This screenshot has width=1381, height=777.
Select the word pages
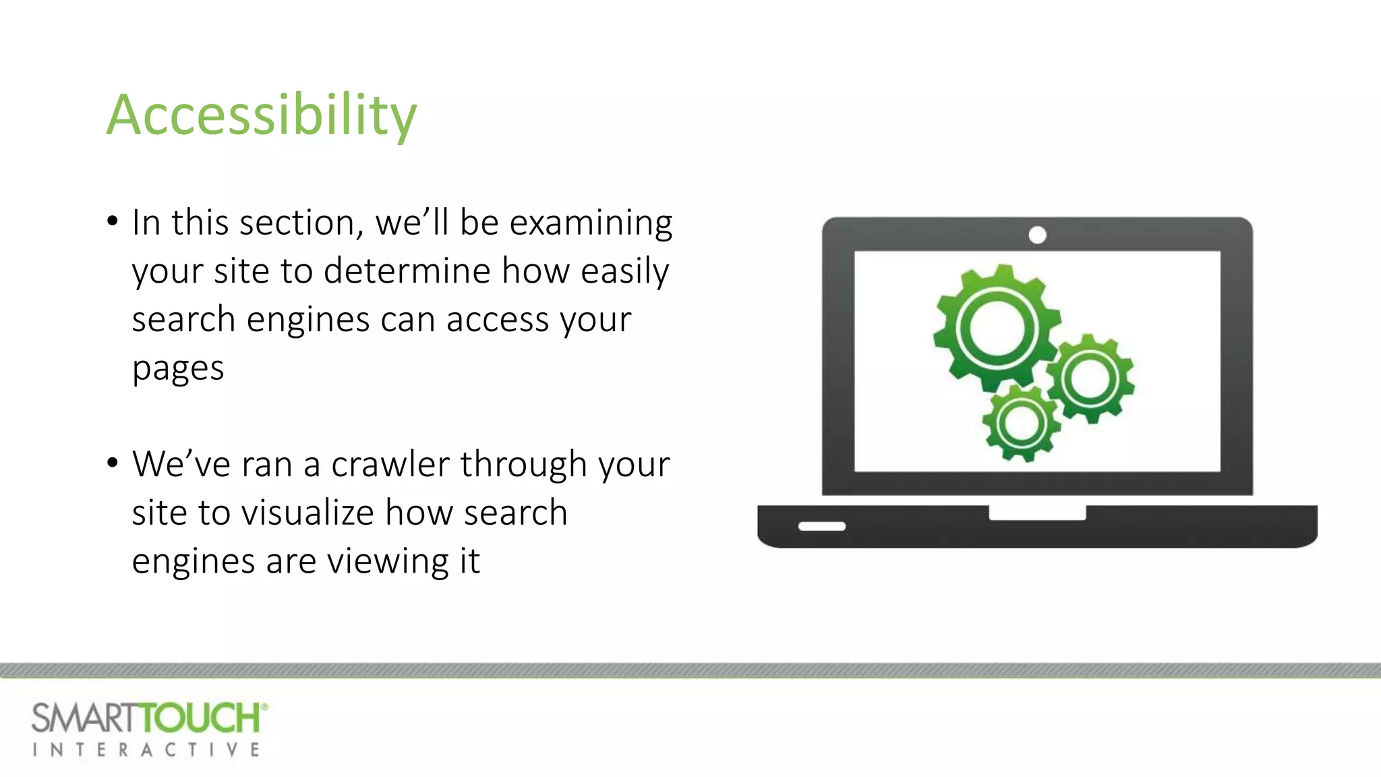177,369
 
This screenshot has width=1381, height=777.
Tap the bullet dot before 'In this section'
113,221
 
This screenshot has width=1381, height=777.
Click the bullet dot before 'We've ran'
113,463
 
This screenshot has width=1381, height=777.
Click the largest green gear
996,328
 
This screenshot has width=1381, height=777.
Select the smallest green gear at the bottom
1020,424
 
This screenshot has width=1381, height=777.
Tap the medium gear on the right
1090,378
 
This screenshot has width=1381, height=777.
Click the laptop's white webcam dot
1037,235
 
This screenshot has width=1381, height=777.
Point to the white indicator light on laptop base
821,526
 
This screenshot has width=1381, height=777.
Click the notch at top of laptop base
1037,513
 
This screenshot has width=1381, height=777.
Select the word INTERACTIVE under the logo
146,750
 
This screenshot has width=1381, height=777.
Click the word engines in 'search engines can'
307,320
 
